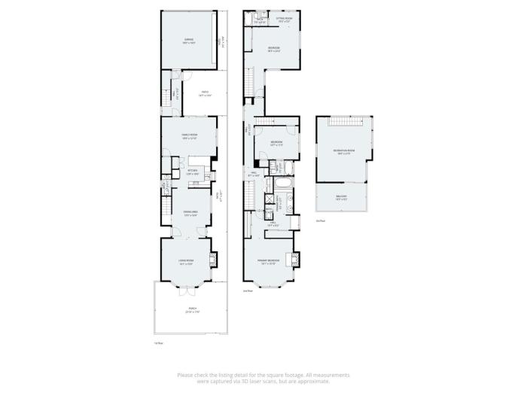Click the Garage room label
[188, 39]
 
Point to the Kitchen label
[193, 172]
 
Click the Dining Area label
[190, 214]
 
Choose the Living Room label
[186, 262]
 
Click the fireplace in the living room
[212, 260]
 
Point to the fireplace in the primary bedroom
[296, 260]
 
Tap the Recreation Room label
[344, 153]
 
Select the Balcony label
[341, 198]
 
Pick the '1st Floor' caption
[159, 343]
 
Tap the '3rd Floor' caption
[320, 220]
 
